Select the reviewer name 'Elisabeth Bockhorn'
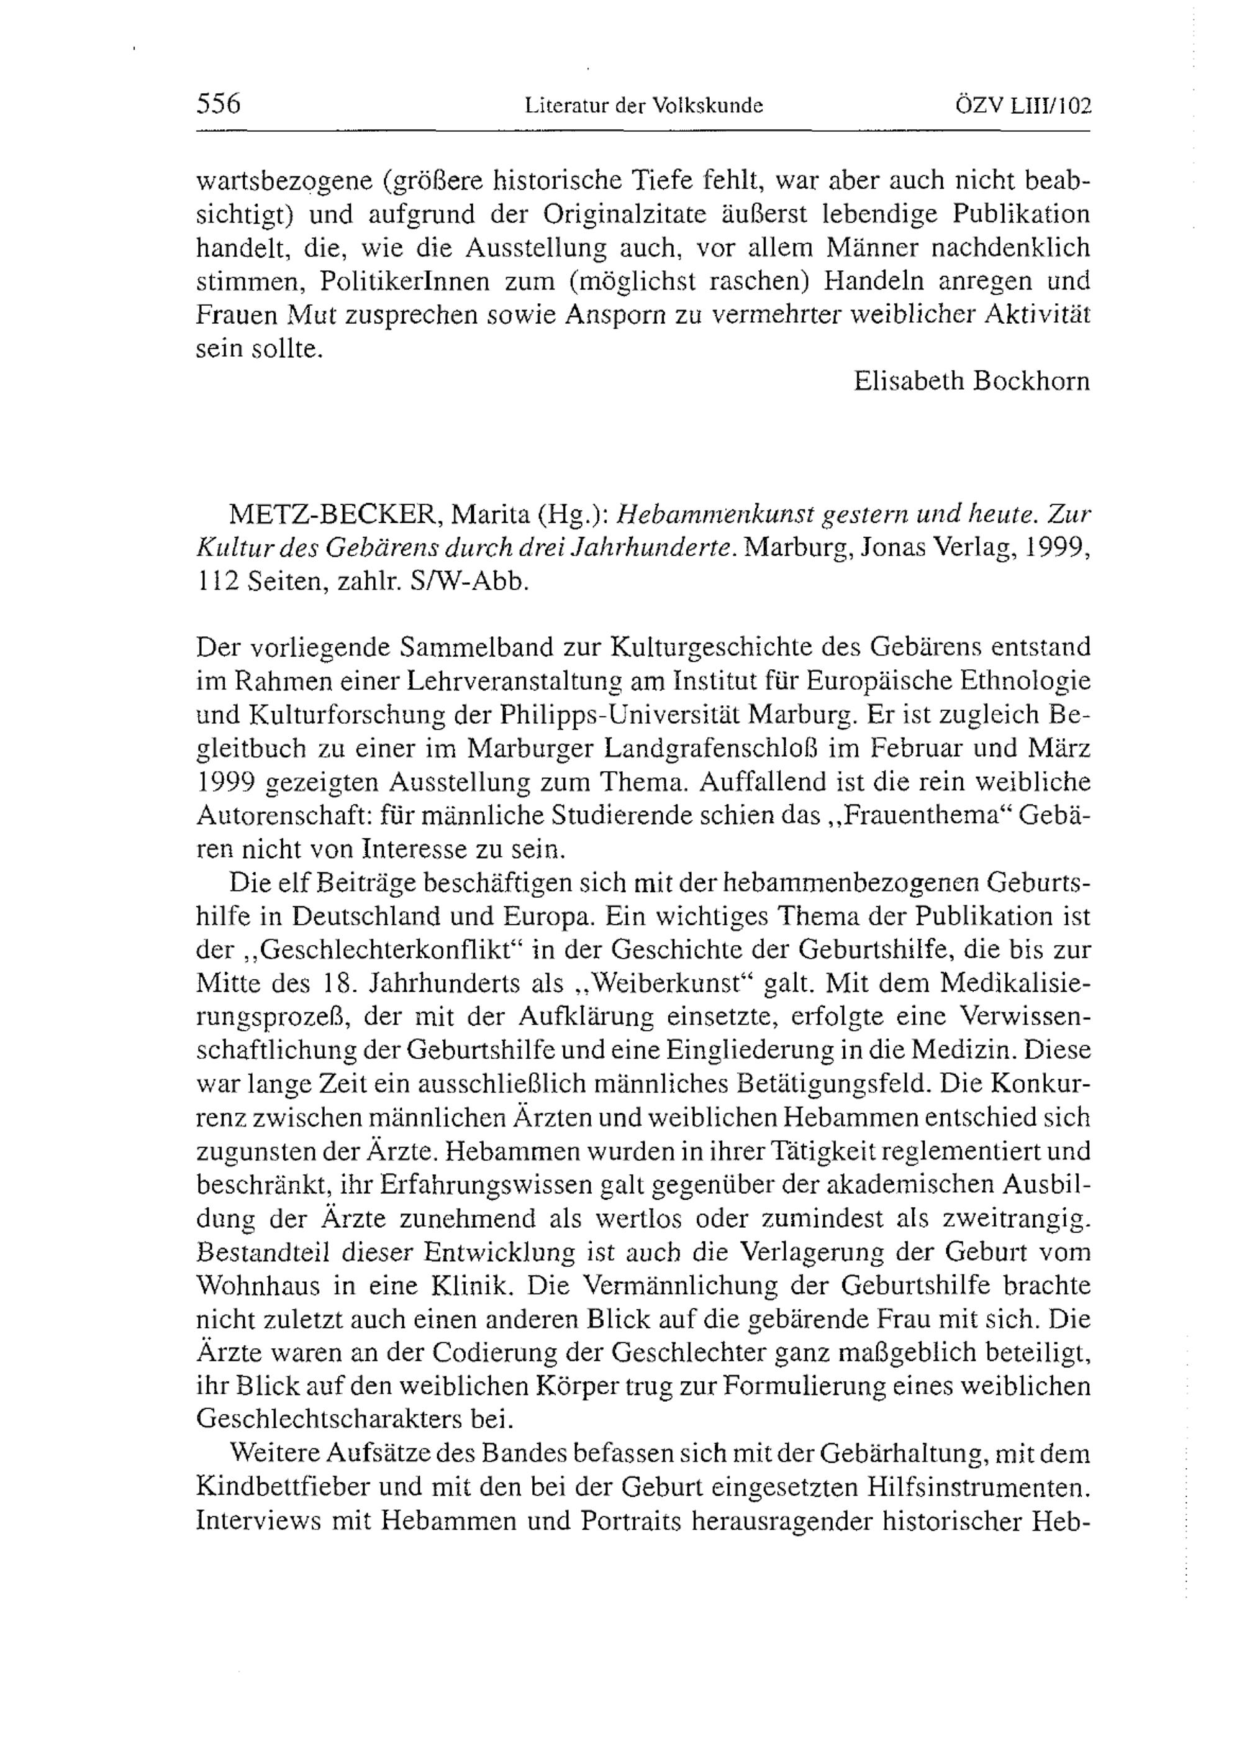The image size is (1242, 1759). point(972,381)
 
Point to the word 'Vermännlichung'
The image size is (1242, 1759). point(673,1285)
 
